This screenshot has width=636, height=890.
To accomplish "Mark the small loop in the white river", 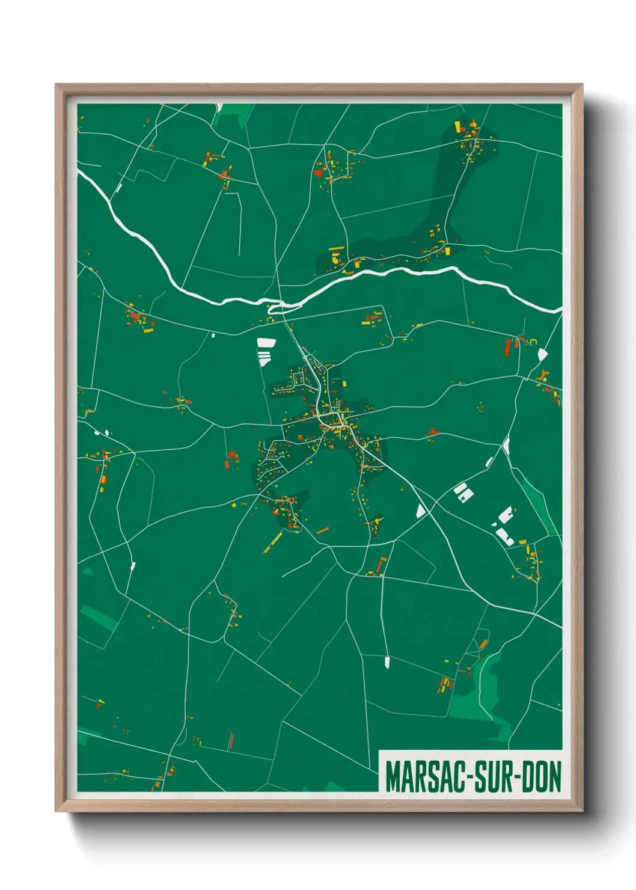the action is (x=277, y=308).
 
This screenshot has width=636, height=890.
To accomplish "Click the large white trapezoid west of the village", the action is (x=266, y=343).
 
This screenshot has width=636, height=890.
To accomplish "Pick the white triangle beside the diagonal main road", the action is (x=421, y=511).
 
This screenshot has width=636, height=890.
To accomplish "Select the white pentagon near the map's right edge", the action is (x=542, y=355).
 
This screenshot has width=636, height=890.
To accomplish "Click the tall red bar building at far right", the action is (x=508, y=347).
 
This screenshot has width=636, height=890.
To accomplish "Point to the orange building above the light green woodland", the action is (x=483, y=645).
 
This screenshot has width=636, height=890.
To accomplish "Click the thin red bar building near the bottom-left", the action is (x=231, y=741).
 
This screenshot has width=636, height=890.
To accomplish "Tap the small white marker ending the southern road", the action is (x=387, y=662).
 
